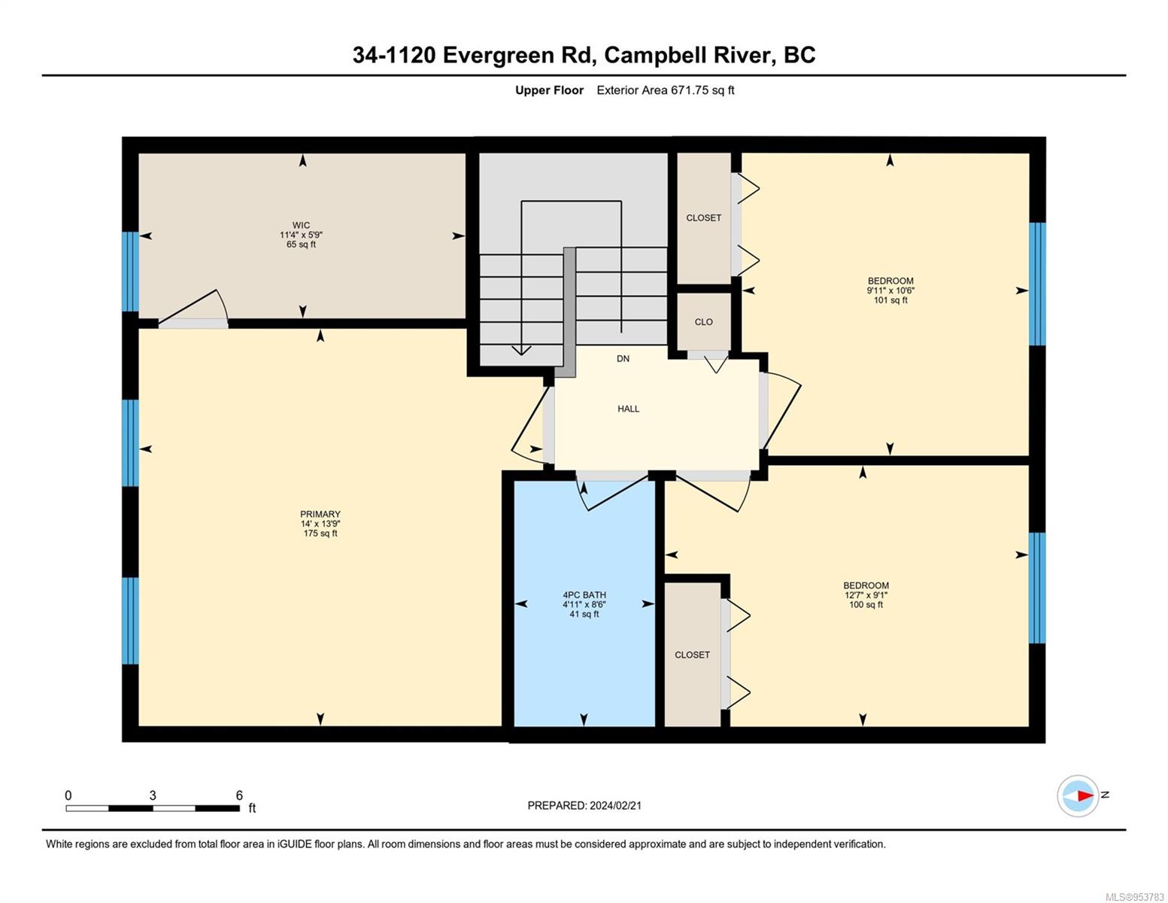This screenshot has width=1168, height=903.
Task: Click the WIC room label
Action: click(301, 225)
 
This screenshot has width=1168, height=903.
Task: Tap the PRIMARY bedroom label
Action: click(320, 514)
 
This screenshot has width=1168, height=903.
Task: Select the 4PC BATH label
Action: click(584, 594)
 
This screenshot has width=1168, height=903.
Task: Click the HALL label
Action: click(628, 409)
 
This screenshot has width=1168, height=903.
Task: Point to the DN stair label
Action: click(623, 359)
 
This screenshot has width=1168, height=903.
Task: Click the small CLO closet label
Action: click(704, 322)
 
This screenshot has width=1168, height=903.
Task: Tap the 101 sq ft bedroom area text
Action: click(890, 300)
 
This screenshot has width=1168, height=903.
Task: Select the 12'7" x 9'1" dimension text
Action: click(866, 594)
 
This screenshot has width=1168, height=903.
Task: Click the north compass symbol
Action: click(1079, 795)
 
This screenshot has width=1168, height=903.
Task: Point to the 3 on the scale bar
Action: click(153, 795)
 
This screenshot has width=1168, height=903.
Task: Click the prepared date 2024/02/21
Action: click(615, 806)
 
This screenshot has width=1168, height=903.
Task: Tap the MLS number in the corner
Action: click(1134, 897)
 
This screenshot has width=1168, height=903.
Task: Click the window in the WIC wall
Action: click(130, 272)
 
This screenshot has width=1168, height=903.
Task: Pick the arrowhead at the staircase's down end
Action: click(521, 350)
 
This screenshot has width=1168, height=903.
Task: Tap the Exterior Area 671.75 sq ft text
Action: click(666, 90)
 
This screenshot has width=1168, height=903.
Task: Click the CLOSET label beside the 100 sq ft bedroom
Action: click(693, 655)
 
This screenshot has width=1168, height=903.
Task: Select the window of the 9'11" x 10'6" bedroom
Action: click(1037, 284)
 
